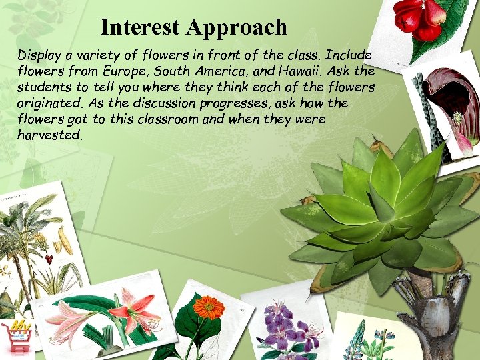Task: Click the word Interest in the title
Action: tap(141, 27)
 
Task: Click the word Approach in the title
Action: tap(237, 28)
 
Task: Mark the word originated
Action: tap(46, 103)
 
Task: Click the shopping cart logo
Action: tap(17, 337)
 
